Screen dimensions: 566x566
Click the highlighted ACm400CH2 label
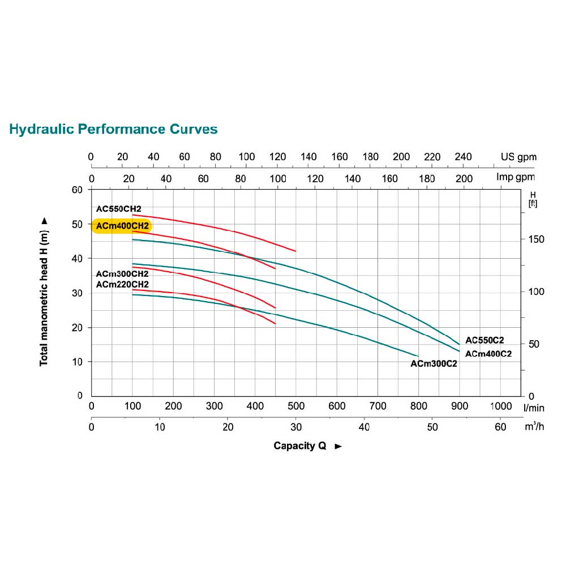(x=122, y=226)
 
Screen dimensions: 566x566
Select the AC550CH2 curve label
(x=118, y=209)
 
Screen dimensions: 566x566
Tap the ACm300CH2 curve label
(x=122, y=274)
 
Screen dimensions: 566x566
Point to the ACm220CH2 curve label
(x=122, y=284)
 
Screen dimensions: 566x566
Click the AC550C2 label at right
(x=484, y=340)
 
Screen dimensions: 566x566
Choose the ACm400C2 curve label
(x=488, y=354)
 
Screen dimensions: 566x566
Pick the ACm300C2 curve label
(x=434, y=364)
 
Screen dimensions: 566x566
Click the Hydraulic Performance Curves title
(x=113, y=129)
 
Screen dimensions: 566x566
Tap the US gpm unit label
(x=518, y=157)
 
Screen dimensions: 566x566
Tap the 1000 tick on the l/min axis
(x=500, y=406)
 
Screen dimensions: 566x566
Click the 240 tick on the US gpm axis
(x=463, y=157)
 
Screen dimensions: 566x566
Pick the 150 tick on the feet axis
(x=535, y=239)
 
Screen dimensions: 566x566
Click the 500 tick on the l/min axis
(x=296, y=406)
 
